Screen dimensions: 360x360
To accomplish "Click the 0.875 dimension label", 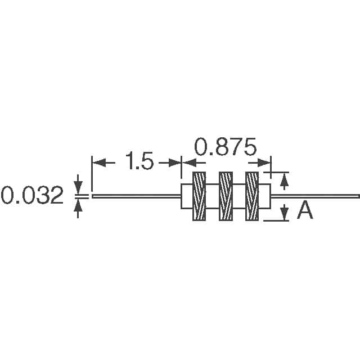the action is [225, 147].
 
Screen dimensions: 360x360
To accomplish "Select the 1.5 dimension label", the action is [139, 161].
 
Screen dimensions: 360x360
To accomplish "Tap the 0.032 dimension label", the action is [32, 195].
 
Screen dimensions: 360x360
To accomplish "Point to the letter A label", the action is [305, 210].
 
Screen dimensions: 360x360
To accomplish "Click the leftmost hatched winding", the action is [199, 196].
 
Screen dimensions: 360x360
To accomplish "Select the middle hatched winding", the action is [226, 196].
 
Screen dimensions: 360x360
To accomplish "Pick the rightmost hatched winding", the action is [252, 196].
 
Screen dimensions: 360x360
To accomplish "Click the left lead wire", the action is [136, 196].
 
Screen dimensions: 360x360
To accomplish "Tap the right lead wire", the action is [316, 196].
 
